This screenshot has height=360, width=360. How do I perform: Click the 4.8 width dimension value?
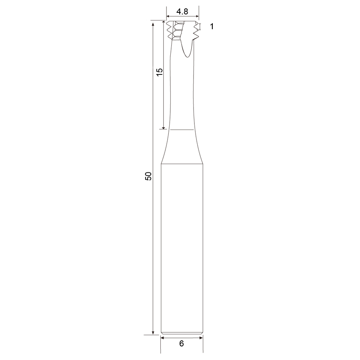[182, 12]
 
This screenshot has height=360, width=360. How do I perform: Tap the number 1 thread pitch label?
[212, 26]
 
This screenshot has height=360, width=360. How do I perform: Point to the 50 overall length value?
[148, 176]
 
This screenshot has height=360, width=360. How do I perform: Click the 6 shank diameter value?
[182, 344]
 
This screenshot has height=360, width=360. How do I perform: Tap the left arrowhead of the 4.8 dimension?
[168, 16]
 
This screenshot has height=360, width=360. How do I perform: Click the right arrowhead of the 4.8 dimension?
[197, 16]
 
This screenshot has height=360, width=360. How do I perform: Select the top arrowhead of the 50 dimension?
[153, 23]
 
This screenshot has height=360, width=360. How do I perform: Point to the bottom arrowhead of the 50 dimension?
[153, 333]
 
